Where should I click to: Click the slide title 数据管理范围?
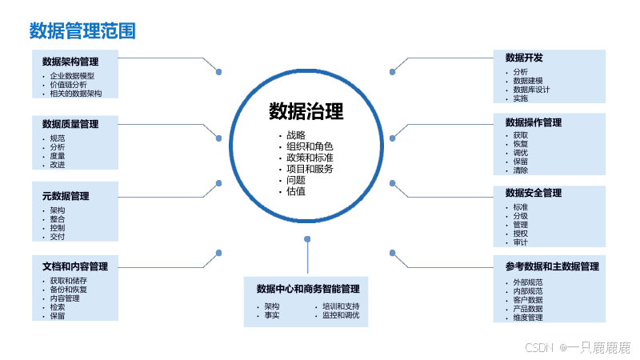tap(82, 31)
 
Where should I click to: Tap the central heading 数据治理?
tap(306, 110)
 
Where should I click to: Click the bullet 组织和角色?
tap(310, 146)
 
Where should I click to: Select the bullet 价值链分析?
tap(69, 84)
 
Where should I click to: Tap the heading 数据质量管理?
tap(70, 124)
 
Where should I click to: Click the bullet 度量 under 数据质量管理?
tap(58, 156)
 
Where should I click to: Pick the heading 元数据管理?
tap(66, 196)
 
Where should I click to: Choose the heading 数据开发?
tap(524, 58)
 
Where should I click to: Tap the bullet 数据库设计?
tap(532, 90)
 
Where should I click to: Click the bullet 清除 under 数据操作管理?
tap(521, 170)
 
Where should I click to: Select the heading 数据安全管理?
tap(534, 193)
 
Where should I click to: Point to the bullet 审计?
tap(521, 242)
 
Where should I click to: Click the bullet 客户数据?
tap(528, 300)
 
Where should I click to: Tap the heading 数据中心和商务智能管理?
tap(308, 289)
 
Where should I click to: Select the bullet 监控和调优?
tap(341, 315)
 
